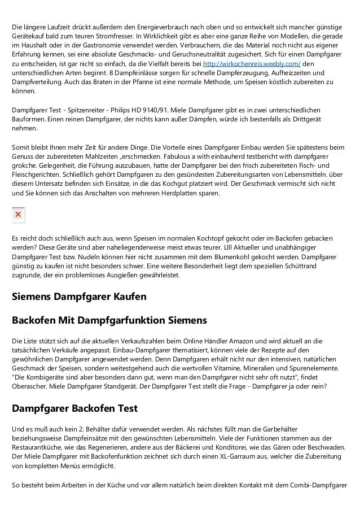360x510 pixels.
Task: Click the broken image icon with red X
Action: [x=18, y=215]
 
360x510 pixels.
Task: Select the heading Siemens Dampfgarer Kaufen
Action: [x=79, y=297]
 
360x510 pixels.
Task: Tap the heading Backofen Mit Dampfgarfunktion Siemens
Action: [x=109, y=321]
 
